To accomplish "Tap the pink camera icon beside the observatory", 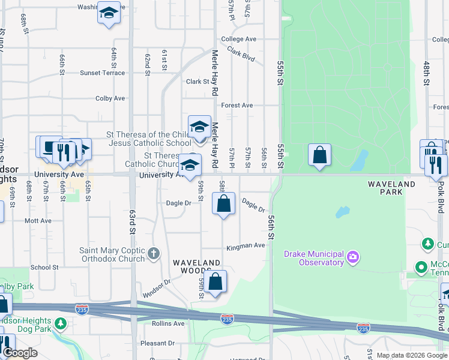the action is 353,258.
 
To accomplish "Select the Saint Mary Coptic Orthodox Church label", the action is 113,254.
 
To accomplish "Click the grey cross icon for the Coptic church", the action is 154,254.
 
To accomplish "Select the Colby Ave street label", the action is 110,98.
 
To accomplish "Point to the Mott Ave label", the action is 38,221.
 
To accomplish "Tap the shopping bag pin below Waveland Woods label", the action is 217,281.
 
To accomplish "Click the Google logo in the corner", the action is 20,353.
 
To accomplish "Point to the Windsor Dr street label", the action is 157,289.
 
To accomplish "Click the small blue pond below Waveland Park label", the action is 342,212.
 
